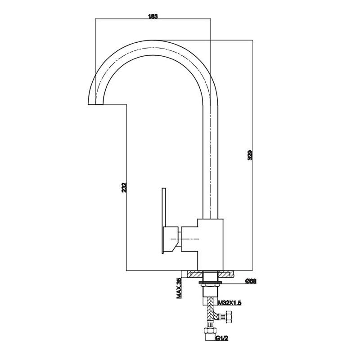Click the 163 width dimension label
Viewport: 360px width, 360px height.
[153, 17]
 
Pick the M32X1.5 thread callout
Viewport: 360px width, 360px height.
[230, 303]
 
